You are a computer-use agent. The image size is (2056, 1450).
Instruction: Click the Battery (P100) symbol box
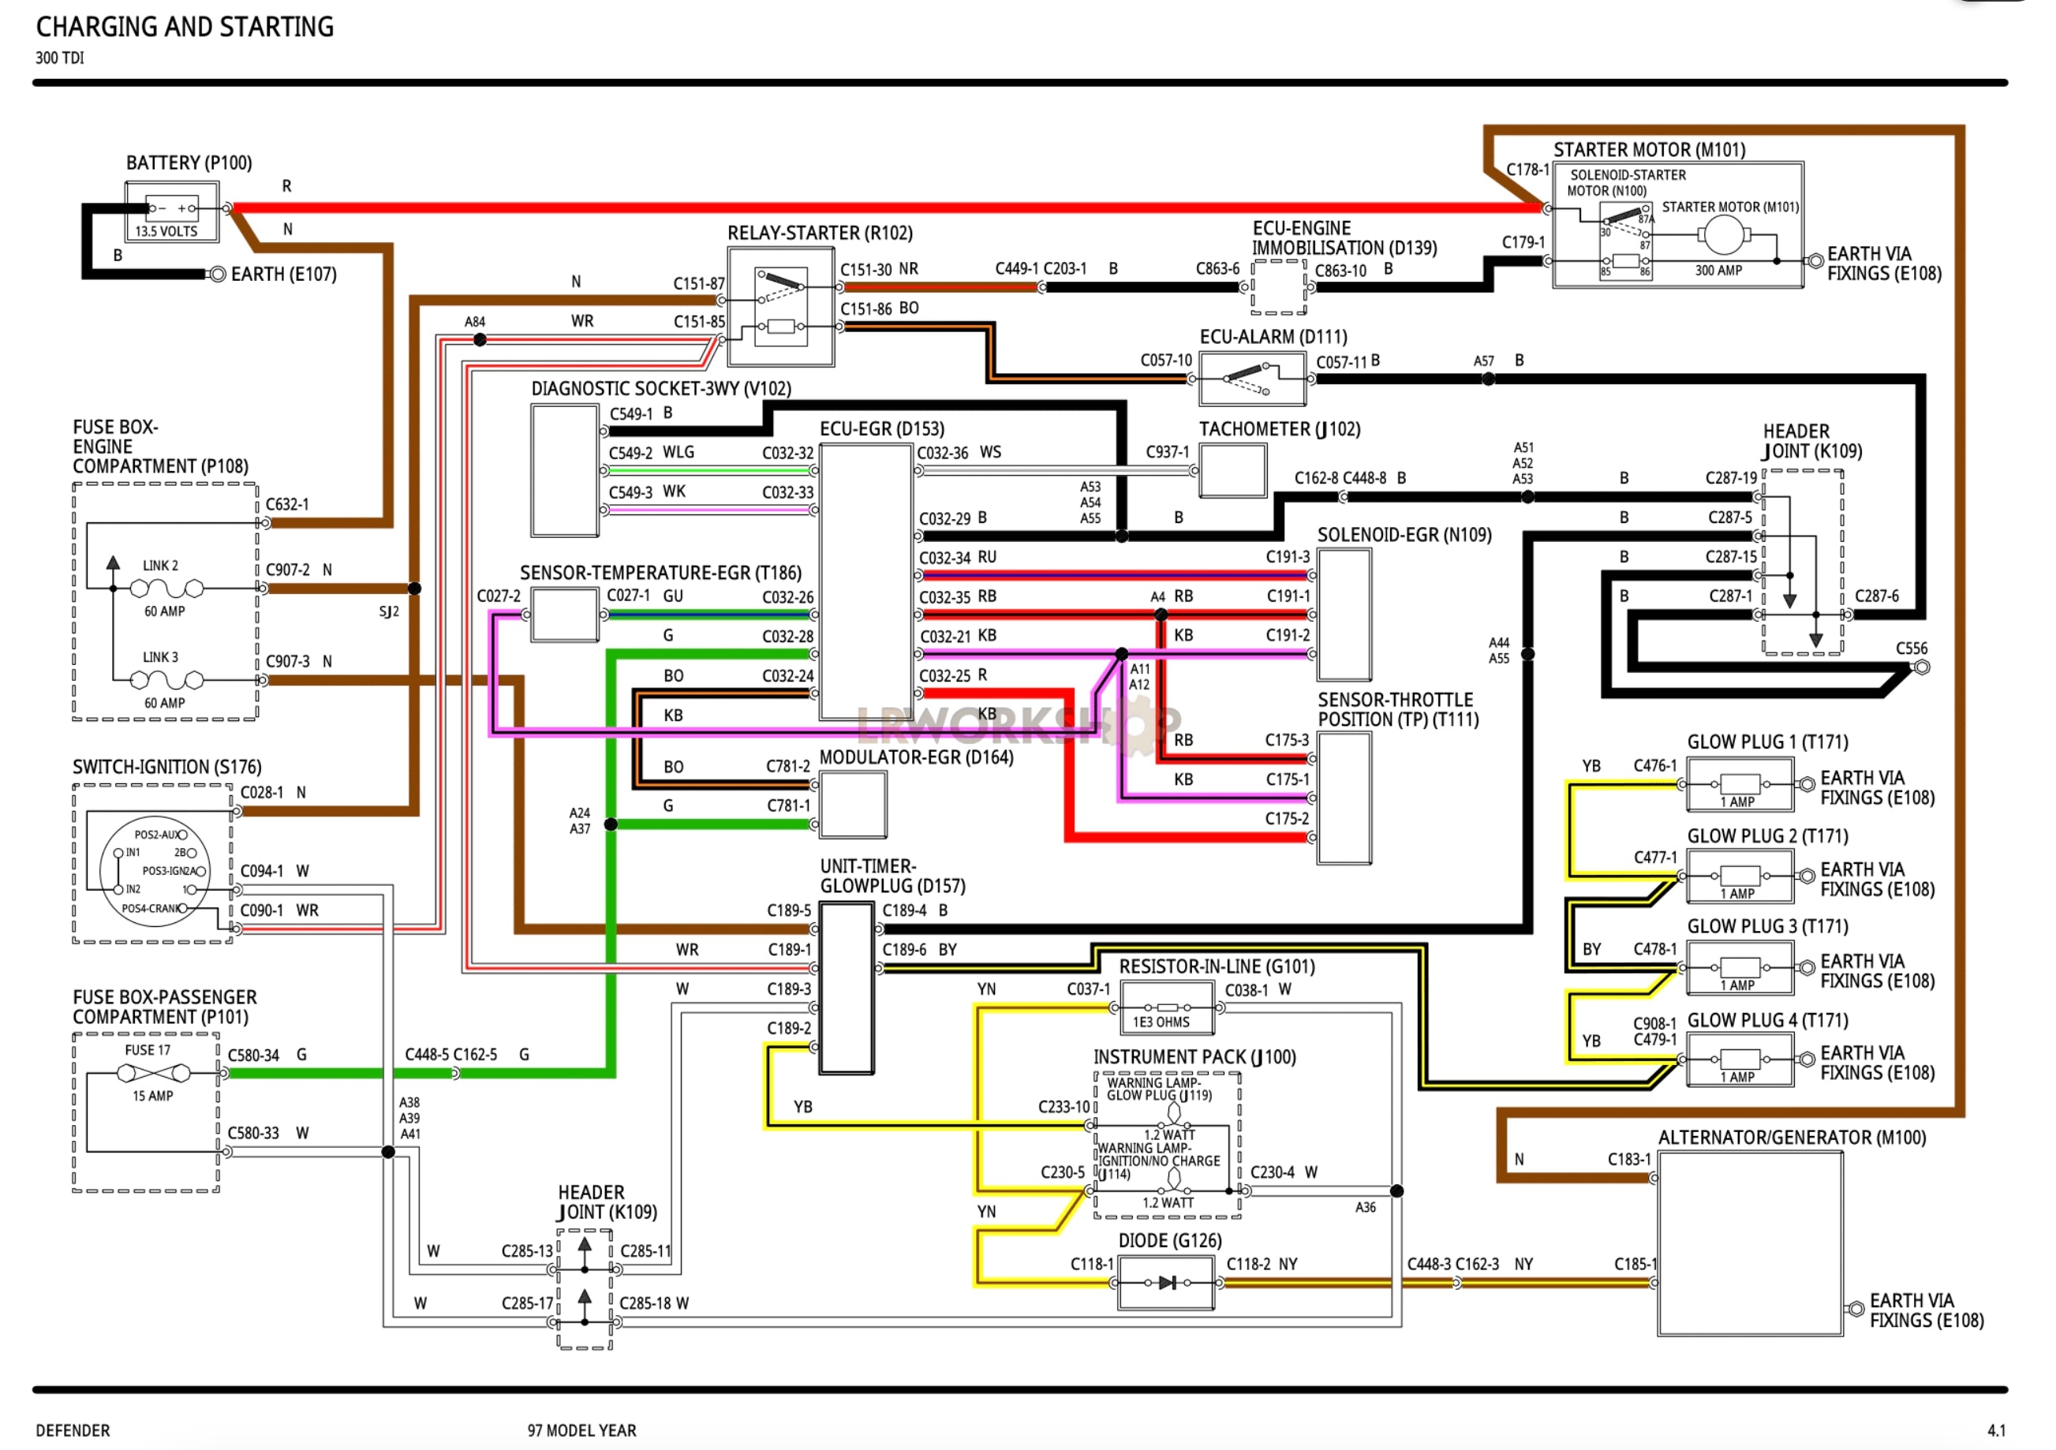pyautogui.click(x=171, y=212)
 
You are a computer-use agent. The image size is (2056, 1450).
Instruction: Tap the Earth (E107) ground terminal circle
pyautogui.click(x=217, y=274)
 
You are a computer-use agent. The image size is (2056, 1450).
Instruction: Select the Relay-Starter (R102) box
pyautogui.click(x=781, y=307)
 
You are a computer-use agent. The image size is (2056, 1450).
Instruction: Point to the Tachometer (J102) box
pyautogui.click(x=1232, y=470)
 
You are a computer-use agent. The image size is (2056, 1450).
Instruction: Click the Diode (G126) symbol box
pyautogui.click(x=1166, y=1283)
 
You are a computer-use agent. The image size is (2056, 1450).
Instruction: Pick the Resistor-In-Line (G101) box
pyautogui.click(x=1166, y=1007)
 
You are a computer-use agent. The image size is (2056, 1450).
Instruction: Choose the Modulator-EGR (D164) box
pyautogui.click(x=853, y=804)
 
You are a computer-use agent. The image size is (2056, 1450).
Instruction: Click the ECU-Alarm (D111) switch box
pyautogui.click(x=1251, y=379)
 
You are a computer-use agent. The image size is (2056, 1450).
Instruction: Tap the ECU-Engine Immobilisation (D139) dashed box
pyautogui.click(x=1278, y=287)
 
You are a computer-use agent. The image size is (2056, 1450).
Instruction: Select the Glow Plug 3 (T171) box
pyautogui.click(x=1739, y=968)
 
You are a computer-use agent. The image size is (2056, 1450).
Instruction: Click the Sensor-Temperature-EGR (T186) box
pyautogui.click(x=564, y=615)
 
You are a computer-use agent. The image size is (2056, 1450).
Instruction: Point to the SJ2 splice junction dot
pyautogui.click(x=415, y=589)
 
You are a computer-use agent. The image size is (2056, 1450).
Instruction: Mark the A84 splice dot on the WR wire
pyautogui.click(x=480, y=339)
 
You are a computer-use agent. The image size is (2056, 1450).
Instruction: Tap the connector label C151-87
pyautogui.click(x=698, y=284)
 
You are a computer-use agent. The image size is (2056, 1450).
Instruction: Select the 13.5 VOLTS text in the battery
pyautogui.click(x=166, y=231)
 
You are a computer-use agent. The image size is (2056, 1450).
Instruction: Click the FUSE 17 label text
pyautogui.click(x=148, y=1050)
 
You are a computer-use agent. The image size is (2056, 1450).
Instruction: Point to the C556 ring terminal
pyautogui.click(x=1922, y=667)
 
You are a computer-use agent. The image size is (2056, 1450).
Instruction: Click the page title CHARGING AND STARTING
pyautogui.click(x=185, y=27)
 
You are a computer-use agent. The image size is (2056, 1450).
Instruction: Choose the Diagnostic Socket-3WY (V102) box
pyautogui.click(x=564, y=470)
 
